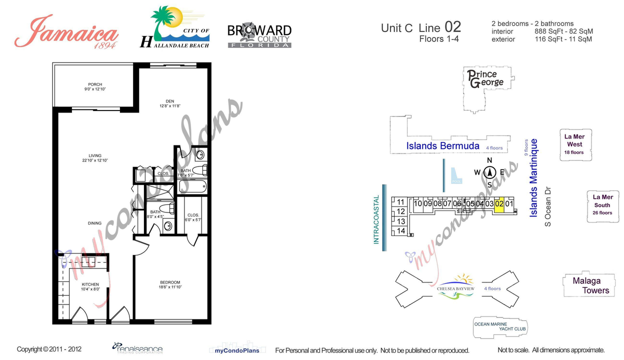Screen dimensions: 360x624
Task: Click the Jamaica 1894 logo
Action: [x=66, y=32]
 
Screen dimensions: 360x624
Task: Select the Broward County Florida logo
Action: [x=259, y=35]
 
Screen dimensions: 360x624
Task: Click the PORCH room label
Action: [x=95, y=86]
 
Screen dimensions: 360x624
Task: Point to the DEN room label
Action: [x=170, y=103]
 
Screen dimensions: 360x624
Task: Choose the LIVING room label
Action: [x=95, y=157]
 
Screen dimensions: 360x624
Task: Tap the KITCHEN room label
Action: [x=90, y=286]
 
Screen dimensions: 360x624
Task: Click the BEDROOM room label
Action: [x=169, y=284]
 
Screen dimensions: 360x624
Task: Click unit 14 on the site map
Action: [x=400, y=231]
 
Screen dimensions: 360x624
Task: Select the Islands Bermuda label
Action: [x=442, y=146]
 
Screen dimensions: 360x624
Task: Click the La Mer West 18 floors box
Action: [x=574, y=144]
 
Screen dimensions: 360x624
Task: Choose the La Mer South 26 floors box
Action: [x=602, y=205]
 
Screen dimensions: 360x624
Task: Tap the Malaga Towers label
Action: [x=590, y=285]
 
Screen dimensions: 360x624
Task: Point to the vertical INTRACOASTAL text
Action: [x=377, y=219]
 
